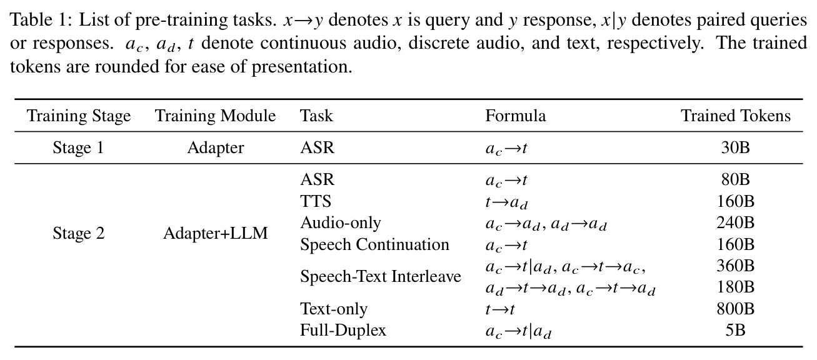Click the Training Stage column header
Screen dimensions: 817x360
78,116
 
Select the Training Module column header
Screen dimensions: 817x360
216,116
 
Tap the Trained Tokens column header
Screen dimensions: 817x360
736,116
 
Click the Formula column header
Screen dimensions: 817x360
515,116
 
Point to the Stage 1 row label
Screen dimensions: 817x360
78,147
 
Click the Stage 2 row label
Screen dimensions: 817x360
78,233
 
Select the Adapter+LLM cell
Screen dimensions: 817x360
216,233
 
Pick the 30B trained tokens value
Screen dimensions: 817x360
736,147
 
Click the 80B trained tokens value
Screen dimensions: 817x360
736,179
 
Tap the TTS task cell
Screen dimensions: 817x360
316,201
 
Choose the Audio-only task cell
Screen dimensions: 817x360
340,222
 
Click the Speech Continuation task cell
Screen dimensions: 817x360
374,244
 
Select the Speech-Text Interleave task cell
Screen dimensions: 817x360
381,276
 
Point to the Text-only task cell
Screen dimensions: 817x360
334,309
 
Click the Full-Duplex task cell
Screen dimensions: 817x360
343,330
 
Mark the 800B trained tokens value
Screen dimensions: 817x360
736,309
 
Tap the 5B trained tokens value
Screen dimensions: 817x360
736,330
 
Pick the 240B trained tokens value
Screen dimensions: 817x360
736,222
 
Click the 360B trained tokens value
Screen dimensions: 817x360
736,266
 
